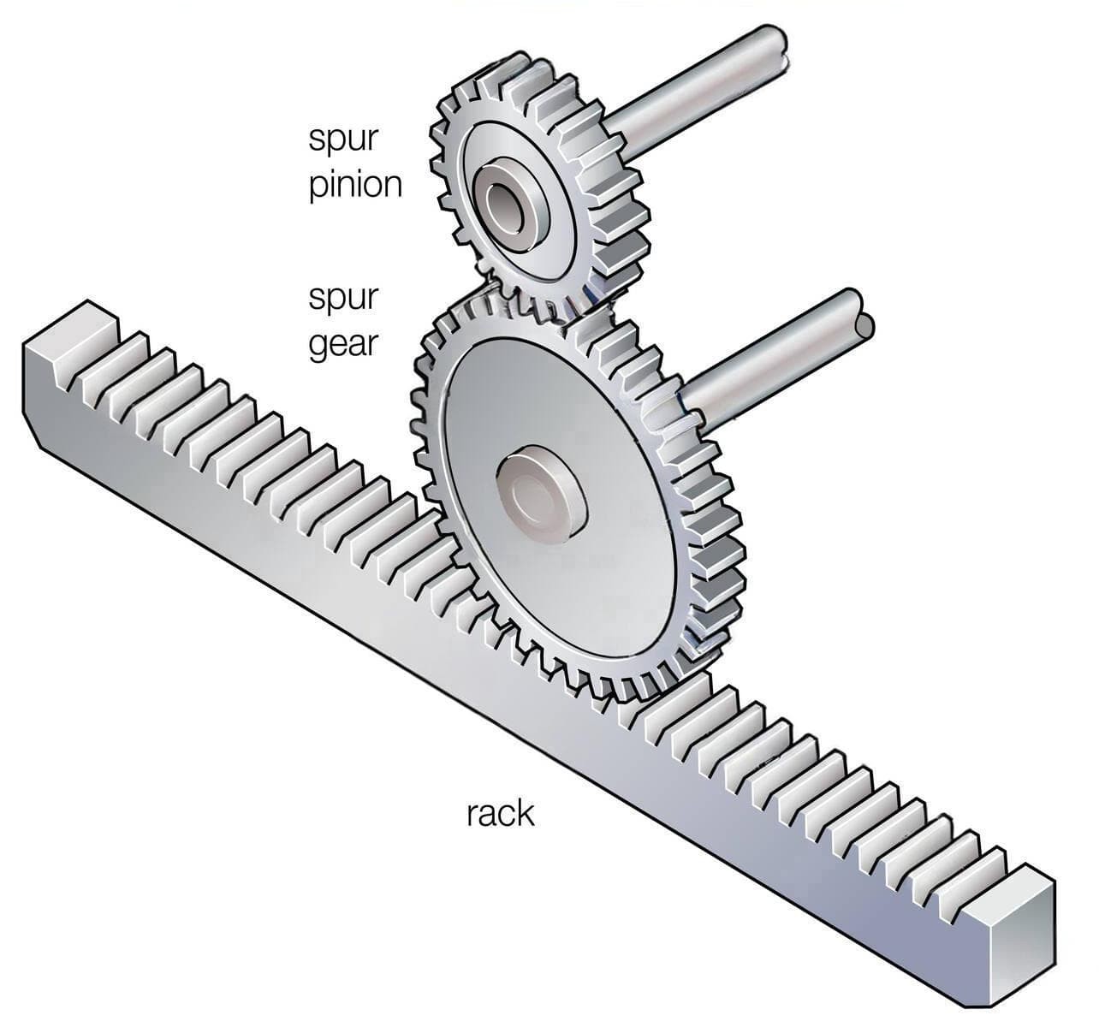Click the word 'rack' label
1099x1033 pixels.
pos(500,813)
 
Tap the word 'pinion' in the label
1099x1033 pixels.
pos(355,186)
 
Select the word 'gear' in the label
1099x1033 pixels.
pos(342,345)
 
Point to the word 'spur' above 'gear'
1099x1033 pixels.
pos(342,300)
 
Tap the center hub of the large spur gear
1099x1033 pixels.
pos(540,496)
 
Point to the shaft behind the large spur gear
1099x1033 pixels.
pos(770,359)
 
